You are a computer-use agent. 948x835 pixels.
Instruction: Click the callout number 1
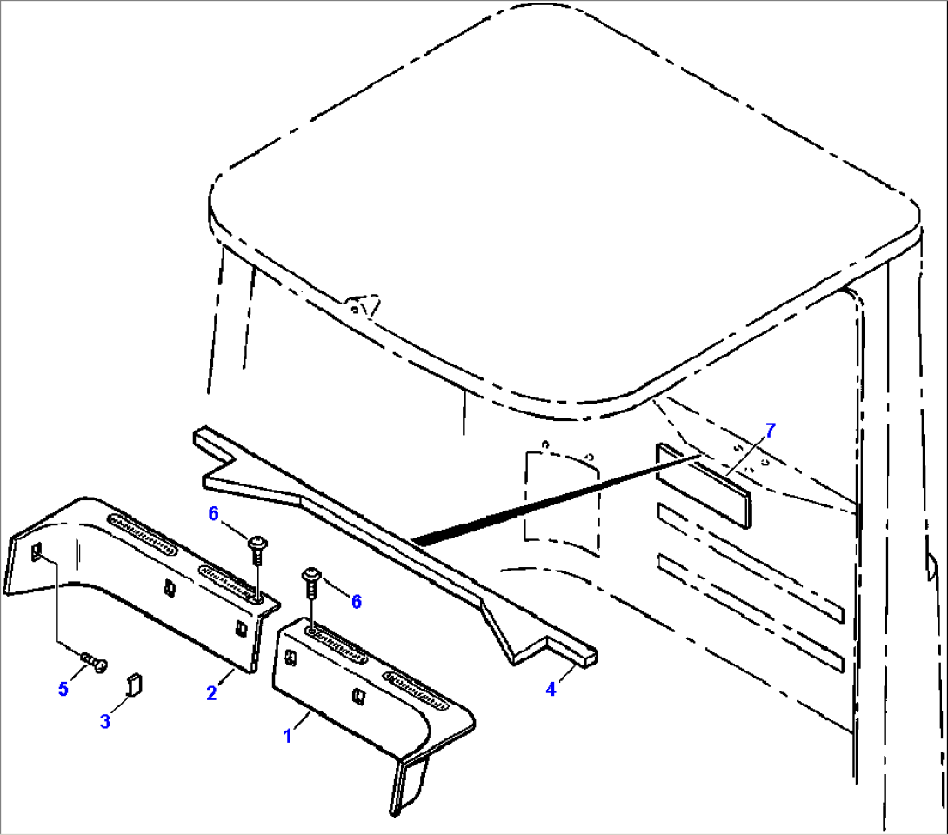coord(288,735)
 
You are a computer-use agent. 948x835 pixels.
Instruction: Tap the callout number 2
coord(211,692)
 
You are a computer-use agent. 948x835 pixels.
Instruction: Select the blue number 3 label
coord(104,721)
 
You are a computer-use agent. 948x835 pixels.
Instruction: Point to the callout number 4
coord(551,691)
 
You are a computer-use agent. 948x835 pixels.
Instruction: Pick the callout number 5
coord(63,689)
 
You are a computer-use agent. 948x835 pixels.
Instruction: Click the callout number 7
coord(769,429)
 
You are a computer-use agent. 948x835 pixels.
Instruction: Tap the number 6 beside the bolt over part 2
coord(213,513)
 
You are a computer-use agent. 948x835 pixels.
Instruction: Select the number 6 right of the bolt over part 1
coord(356,601)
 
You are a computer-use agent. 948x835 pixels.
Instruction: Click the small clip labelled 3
coord(134,683)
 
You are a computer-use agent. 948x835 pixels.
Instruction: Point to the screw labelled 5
coord(95,663)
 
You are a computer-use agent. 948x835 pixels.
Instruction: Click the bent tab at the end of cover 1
coord(409,783)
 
